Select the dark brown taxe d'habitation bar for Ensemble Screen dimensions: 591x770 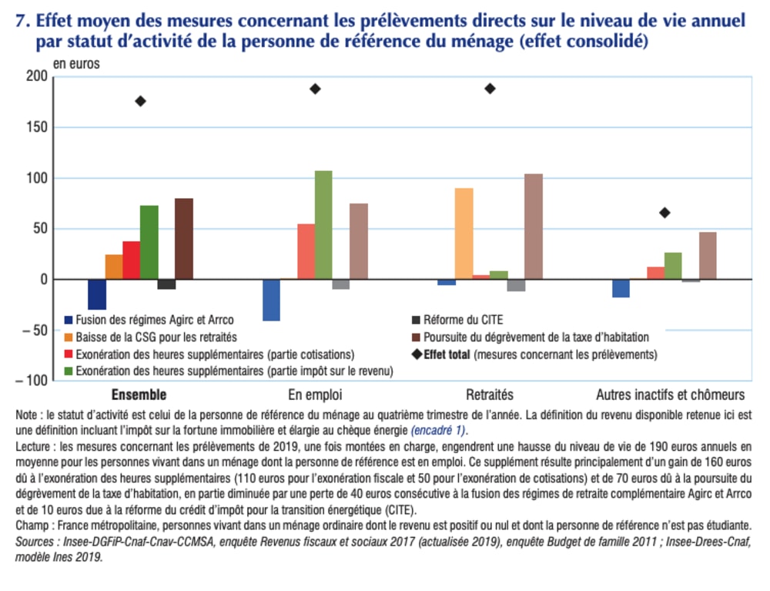[184, 239]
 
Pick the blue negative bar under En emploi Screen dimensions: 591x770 [271, 300]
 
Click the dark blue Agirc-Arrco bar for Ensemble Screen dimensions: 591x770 [97, 294]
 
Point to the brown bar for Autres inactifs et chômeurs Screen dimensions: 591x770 [708, 256]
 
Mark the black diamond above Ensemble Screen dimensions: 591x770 [140, 101]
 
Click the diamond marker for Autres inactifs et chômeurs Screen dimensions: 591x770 [665, 213]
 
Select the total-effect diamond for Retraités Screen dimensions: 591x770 [490, 89]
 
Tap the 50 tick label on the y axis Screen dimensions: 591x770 [38, 229]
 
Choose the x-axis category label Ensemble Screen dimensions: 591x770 [139, 395]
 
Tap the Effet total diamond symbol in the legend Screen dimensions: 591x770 [417, 355]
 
